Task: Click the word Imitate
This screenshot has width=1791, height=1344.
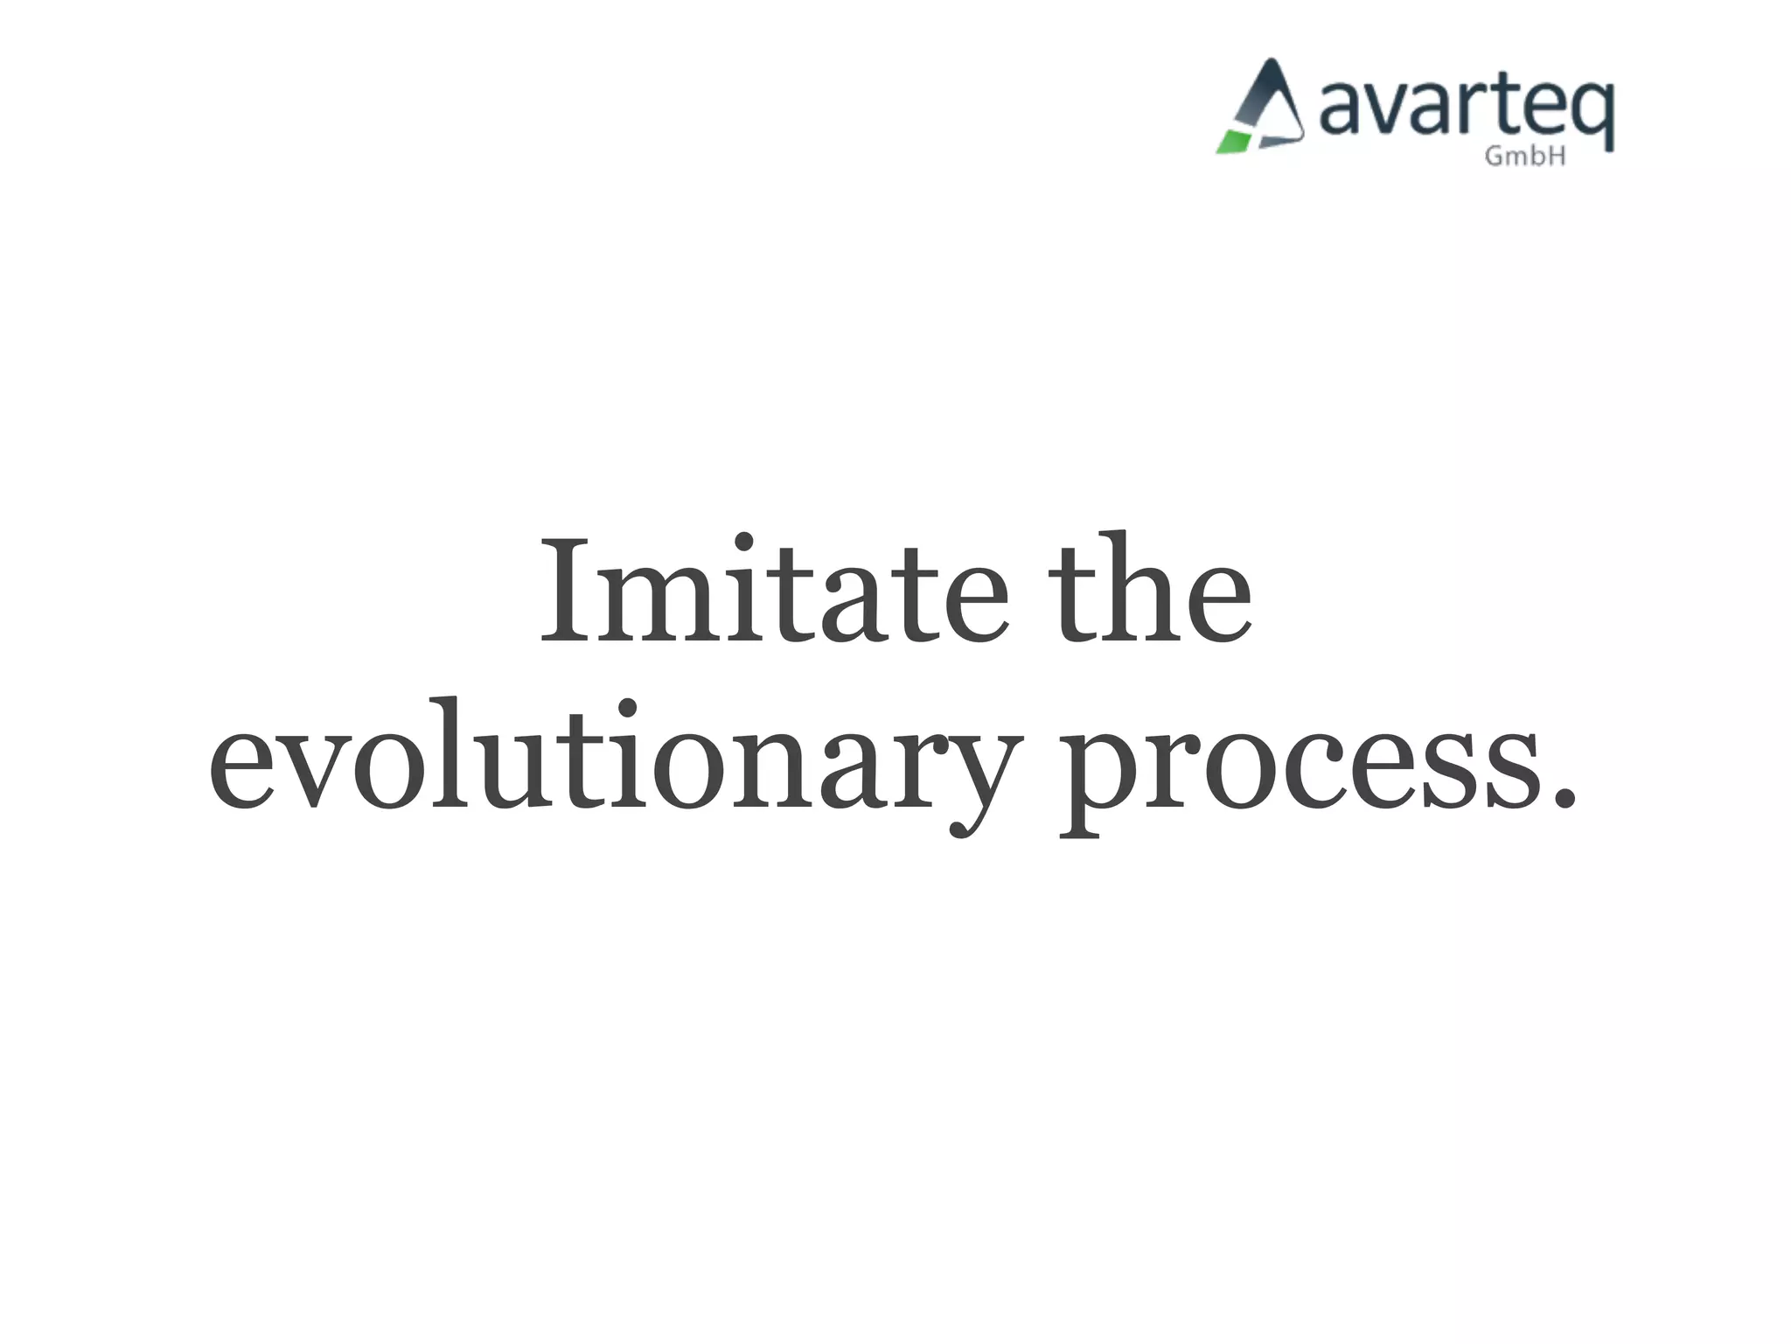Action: (775, 591)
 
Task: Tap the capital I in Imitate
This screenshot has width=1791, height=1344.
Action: (574, 591)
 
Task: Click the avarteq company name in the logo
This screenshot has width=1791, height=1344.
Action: (1466, 109)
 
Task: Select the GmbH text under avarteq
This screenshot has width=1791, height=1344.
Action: (1525, 157)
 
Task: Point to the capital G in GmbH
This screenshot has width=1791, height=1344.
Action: (1495, 157)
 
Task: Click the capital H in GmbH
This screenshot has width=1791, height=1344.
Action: (1556, 157)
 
